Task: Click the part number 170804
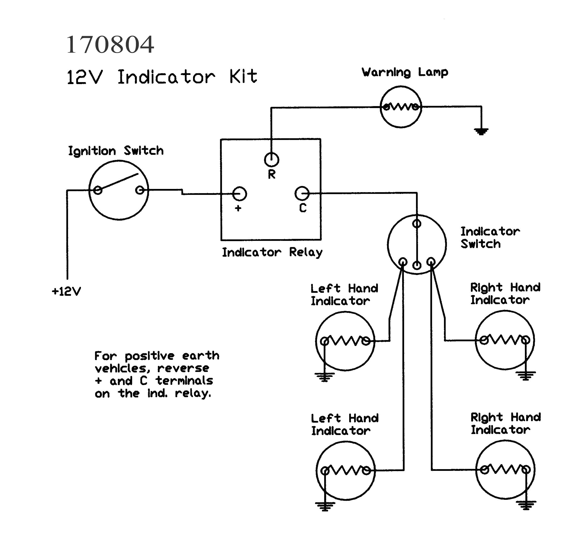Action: coord(110,45)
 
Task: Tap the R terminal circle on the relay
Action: coord(271,160)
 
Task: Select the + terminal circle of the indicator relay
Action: coord(239,194)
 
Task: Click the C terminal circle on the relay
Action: coord(302,194)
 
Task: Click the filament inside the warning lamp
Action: coord(401,106)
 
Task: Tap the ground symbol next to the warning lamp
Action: coord(481,131)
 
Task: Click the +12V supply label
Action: coord(66,291)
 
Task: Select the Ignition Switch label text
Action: coord(116,151)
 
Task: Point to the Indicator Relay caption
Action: coord(272,252)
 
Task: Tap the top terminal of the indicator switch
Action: coord(416,224)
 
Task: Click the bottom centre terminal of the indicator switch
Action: coord(416,265)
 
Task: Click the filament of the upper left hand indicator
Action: coord(345,341)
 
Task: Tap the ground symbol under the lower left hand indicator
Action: coord(325,506)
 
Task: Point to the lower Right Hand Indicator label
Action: coord(505,423)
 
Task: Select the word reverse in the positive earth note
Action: coord(183,368)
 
